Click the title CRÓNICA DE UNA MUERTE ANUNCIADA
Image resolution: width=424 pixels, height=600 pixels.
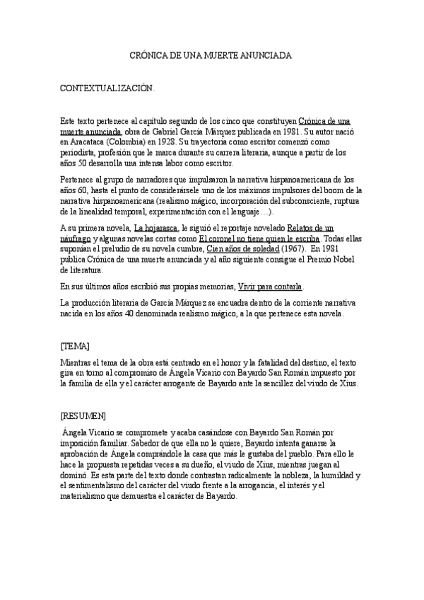[211, 54]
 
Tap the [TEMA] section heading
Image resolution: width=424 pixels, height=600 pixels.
[76, 346]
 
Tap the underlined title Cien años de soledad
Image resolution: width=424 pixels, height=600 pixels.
[243, 249]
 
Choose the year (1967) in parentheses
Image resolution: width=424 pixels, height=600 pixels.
[293, 249]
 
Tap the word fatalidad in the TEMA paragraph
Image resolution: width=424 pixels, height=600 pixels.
[291, 362]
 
